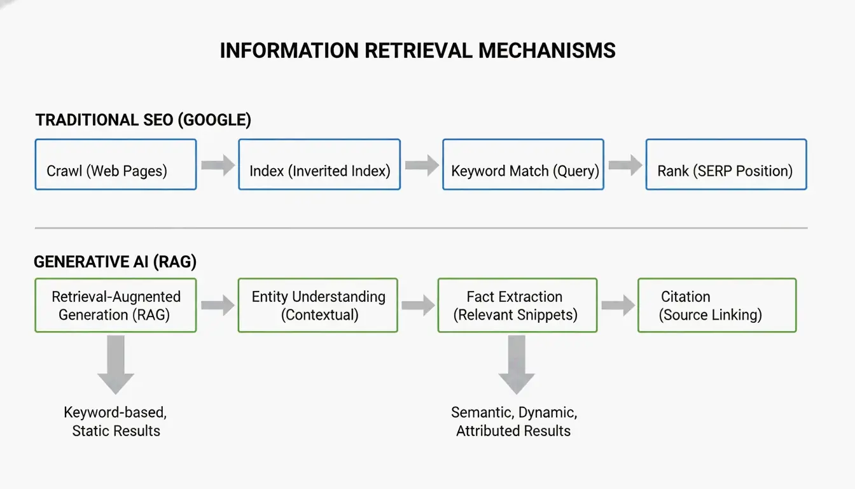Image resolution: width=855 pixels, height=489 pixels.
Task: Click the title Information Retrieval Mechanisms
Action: (x=417, y=50)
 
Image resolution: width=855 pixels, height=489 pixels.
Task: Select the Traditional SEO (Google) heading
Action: (x=143, y=120)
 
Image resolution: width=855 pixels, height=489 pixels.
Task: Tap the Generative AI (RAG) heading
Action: (x=115, y=262)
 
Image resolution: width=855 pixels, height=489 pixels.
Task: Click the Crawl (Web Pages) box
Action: (x=115, y=164)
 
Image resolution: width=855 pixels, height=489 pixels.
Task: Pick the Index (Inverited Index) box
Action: (x=319, y=164)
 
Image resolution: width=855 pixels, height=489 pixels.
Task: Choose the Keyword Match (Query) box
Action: (x=523, y=164)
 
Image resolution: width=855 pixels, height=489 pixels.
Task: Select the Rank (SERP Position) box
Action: (x=726, y=164)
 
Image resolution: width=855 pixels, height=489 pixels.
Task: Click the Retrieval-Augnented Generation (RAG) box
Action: (x=115, y=305)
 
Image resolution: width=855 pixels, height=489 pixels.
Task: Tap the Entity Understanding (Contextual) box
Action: (x=318, y=305)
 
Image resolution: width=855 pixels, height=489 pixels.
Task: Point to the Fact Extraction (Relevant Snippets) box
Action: (x=517, y=305)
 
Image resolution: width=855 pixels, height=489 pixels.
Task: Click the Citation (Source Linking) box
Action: (x=717, y=305)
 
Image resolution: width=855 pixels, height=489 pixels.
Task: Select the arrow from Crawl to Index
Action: (x=218, y=166)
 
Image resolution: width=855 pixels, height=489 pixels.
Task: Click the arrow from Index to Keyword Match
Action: (x=422, y=166)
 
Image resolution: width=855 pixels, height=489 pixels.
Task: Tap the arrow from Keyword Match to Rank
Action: (x=625, y=166)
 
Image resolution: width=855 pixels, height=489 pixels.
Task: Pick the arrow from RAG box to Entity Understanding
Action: (x=218, y=306)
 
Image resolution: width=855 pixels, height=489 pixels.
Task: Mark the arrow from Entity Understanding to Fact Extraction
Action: (x=418, y=306)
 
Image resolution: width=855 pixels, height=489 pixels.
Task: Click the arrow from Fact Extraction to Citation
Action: (x=618, y=306)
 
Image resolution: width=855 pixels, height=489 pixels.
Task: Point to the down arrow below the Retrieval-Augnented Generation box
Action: (x=115, y=364)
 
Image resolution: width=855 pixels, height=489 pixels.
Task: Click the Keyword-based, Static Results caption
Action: (x=115, y=421)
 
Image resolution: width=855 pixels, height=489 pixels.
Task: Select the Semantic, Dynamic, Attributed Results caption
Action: (x=514, y=421)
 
